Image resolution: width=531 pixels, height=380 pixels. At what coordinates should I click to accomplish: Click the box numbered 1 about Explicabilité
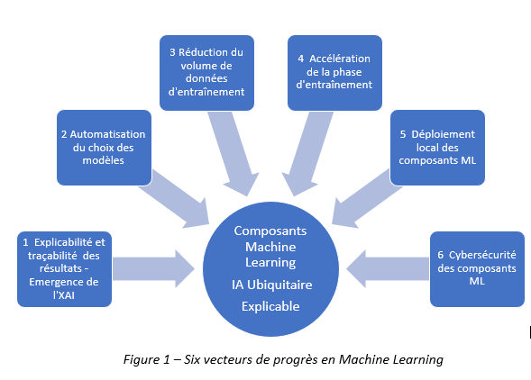pyautogui.click(x=64, y=269)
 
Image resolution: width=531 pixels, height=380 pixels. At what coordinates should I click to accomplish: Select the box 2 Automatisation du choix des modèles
pyautogui.click(x=104, y=148)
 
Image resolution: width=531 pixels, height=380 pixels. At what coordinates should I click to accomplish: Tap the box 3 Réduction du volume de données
pyautogui.click(x=206, y=73)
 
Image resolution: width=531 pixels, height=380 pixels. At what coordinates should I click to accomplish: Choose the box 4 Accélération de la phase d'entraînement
pyautogui.click(x=334, y=73)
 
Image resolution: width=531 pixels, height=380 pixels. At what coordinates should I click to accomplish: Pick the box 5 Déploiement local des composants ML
pyautogui.click(x=437, y=148)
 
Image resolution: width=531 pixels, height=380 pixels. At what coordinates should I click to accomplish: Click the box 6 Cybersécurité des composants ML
pyautogui.click(x=477, y=269)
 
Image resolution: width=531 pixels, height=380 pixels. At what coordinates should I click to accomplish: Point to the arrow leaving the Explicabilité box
pyautogui.click(x=153, y=269)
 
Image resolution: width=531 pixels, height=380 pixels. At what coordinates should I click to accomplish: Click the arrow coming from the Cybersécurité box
pyautogui.click(x=388, y=269)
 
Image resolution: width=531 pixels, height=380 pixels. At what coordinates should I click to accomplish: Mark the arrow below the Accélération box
pyautogui.click(x=307, y=152)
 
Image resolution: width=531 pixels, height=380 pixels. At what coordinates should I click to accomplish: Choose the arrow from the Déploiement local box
pyautogui.click(x=366, y=200)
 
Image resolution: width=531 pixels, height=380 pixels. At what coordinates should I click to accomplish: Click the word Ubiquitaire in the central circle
pyautogui.click(x=279, y=285)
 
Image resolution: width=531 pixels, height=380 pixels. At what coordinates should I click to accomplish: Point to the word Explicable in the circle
pyautogui.click(x=270, y=306)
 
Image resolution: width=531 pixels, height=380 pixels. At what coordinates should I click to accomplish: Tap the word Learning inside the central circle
pyautogui.click(x=270, y=263)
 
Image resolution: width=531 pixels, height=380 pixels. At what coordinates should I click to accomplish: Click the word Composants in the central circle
pyautogui.click(x=270, y=231)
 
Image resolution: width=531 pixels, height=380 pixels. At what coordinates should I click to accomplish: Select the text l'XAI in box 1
pyautogui.click(x=64, y=295)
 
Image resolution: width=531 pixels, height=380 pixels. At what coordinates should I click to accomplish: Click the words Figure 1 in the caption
pyautogui.click(x=146, y=359)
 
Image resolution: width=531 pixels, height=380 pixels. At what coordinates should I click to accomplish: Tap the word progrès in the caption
pyautogui.click(x=296, y=360)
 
